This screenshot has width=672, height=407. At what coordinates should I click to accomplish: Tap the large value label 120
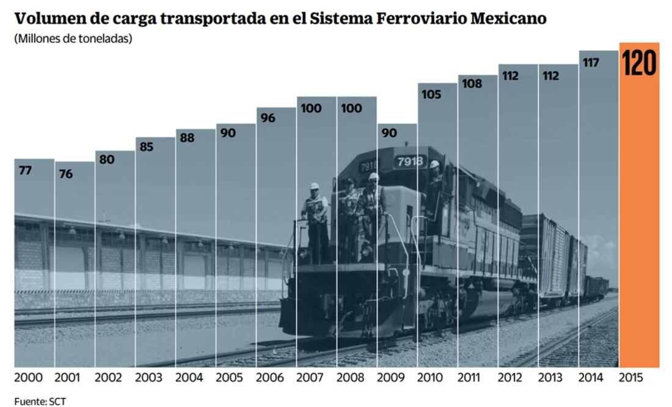639,64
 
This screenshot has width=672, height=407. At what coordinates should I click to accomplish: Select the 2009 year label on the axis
390,378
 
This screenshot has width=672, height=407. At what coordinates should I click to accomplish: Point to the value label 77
25,170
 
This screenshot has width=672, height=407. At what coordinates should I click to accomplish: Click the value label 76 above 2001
65,174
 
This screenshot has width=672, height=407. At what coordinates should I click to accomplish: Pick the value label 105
431,95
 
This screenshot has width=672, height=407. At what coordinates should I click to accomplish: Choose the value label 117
591,62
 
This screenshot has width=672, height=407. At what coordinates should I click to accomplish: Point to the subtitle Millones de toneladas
73,38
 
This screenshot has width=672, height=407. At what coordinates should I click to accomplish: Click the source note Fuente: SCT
40,402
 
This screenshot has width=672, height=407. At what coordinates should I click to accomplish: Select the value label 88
187,138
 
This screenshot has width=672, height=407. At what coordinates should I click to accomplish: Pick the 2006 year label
269,378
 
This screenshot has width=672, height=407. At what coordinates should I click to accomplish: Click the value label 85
147,147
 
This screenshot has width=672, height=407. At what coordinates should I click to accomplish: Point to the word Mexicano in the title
508,19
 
